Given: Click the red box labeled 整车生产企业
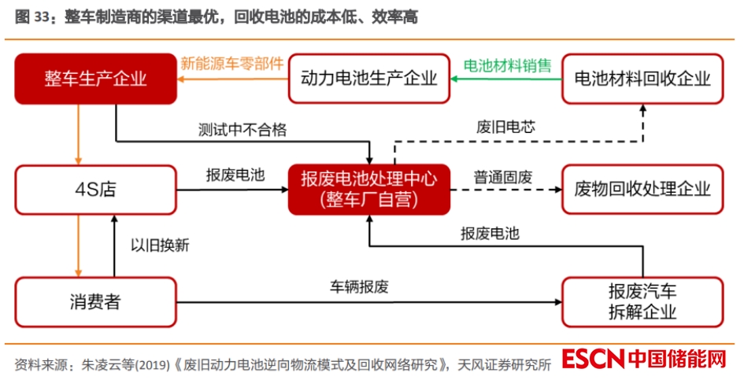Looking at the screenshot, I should click(x=95, y=78).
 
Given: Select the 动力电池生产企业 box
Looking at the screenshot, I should click(x=369, y=78).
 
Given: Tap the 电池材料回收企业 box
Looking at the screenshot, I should click(x=642, y=78).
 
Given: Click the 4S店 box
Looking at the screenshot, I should click(x=95, y=189).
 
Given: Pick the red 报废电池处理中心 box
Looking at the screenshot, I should click(x=369, y=189).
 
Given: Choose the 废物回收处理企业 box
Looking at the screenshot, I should click(x=642, y=189).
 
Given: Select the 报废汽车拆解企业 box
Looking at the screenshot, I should click(x=642, y=301).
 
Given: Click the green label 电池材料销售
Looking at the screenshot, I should click(x=507, y=65).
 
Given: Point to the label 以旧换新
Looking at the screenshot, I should click(x=160, y=245).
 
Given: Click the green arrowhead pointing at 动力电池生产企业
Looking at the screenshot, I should click(x=455, y=78).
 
